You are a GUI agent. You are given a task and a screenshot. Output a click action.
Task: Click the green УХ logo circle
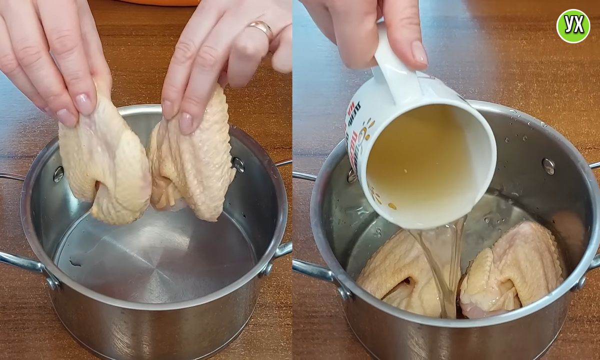coord(573,25)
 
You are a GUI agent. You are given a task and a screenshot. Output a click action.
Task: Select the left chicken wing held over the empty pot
coord(105,160)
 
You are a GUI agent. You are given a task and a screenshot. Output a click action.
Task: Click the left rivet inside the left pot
coord(58,174)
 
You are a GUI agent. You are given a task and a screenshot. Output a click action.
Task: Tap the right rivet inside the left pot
coord(238,164)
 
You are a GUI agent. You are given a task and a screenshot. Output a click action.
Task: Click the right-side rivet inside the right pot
coord(548,166)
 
